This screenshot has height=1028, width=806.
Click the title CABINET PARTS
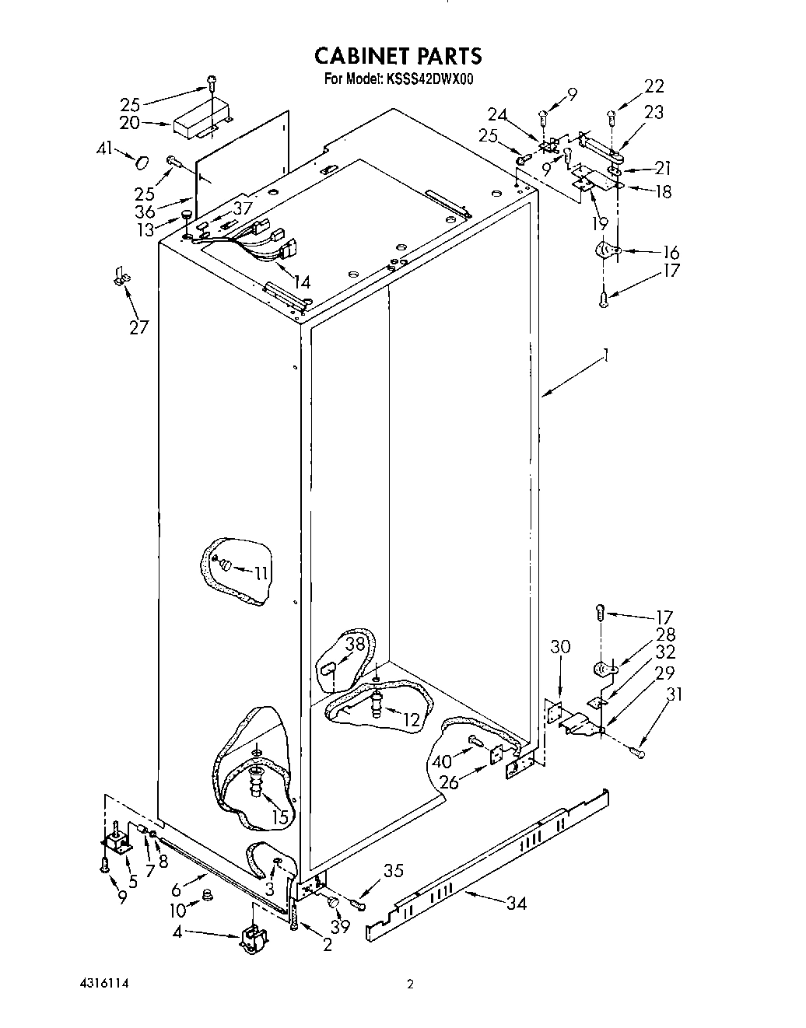(398, 56)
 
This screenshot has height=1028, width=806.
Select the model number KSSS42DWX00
(427, 79)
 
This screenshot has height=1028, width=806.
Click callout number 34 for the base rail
(516, 903)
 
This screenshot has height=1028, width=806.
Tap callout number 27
(138, 327)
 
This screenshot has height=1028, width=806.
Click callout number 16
(670, 253)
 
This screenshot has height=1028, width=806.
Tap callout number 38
(355, 644)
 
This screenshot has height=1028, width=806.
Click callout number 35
(394, 871)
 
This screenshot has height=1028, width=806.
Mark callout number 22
(654, 86)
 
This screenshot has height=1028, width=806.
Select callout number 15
(279, 816)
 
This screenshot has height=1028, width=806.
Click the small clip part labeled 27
(119, 275)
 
